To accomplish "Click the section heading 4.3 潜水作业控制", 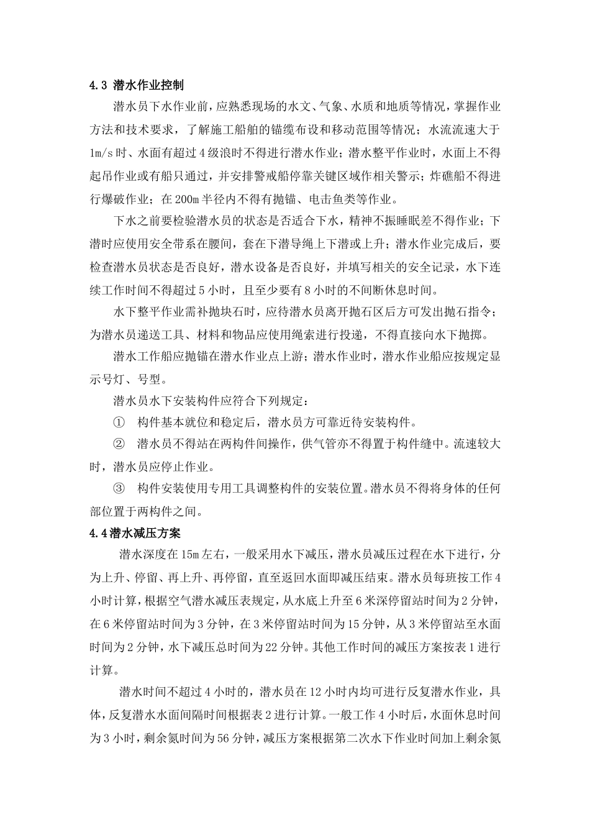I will (x=137, y=85).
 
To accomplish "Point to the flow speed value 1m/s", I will (x=102, y=152).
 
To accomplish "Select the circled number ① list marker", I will (x=119, y=422).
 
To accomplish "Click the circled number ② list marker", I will (x=119, y=444).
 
